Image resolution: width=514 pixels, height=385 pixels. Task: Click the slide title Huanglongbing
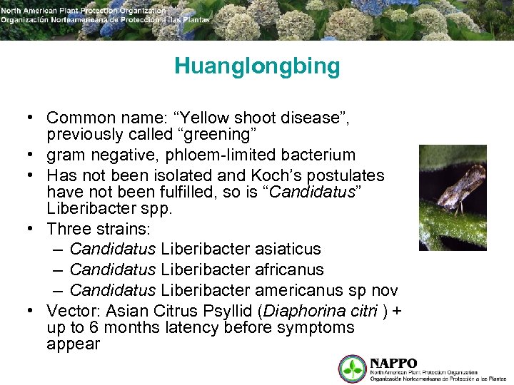coord(257,67)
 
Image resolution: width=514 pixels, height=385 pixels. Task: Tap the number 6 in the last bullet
coord(95,328)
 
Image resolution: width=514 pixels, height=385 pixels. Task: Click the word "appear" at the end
coord(74,344)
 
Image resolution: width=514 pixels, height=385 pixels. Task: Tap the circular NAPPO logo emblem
coord(351,369)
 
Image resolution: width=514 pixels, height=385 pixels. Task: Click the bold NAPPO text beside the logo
coord(393,363)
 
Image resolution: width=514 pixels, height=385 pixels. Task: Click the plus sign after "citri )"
coord(398,311)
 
